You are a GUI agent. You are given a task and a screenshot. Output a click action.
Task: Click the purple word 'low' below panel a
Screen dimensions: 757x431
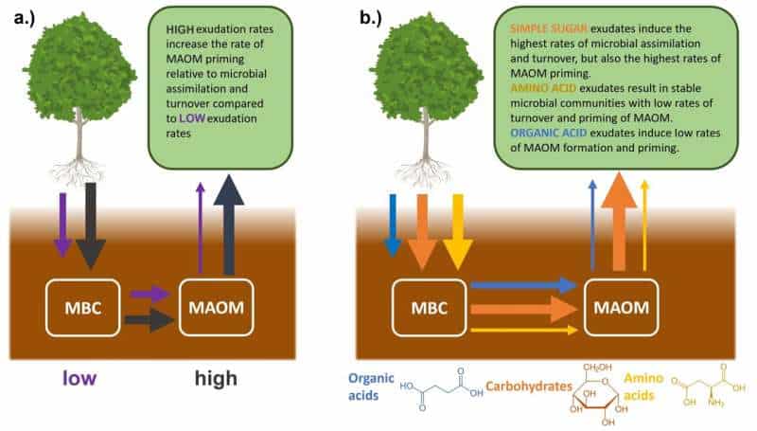click(x=79, y=378)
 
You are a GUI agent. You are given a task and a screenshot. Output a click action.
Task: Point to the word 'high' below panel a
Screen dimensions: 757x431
click(x=216, y=378)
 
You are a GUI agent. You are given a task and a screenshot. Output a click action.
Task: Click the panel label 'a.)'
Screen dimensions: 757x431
click(x=25, y=18)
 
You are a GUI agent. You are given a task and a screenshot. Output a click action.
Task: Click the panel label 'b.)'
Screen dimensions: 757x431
click(x=371, y=18)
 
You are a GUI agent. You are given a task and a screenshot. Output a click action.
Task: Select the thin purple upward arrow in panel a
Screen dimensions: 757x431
click(x=201, y=228)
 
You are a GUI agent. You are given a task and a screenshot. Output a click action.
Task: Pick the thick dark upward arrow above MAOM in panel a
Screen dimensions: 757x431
click(x=229, y=224)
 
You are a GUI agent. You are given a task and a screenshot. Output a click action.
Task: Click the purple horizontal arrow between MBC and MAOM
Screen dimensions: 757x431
click(x=150, y=294)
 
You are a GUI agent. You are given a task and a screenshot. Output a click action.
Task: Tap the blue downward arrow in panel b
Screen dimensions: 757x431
click(x=393, y=225)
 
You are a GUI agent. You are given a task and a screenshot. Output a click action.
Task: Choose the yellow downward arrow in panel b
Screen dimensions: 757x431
click(x=457, y=232)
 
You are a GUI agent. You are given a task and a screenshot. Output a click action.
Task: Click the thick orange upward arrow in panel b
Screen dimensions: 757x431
click(x=619, y=222)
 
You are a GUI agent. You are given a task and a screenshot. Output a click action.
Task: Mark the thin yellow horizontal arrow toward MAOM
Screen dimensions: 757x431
click(x=524, y=330)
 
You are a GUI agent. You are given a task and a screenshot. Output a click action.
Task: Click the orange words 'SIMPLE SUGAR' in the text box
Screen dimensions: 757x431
click(x=549, y=28)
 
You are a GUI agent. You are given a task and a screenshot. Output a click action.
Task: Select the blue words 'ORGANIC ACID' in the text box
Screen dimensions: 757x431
click(x=549, y=133)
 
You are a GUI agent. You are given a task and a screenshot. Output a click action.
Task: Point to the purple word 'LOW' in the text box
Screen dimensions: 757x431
click(x=192, y=118)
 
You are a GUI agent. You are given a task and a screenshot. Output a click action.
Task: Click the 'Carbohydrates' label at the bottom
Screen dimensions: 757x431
click(x=529, y=386)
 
